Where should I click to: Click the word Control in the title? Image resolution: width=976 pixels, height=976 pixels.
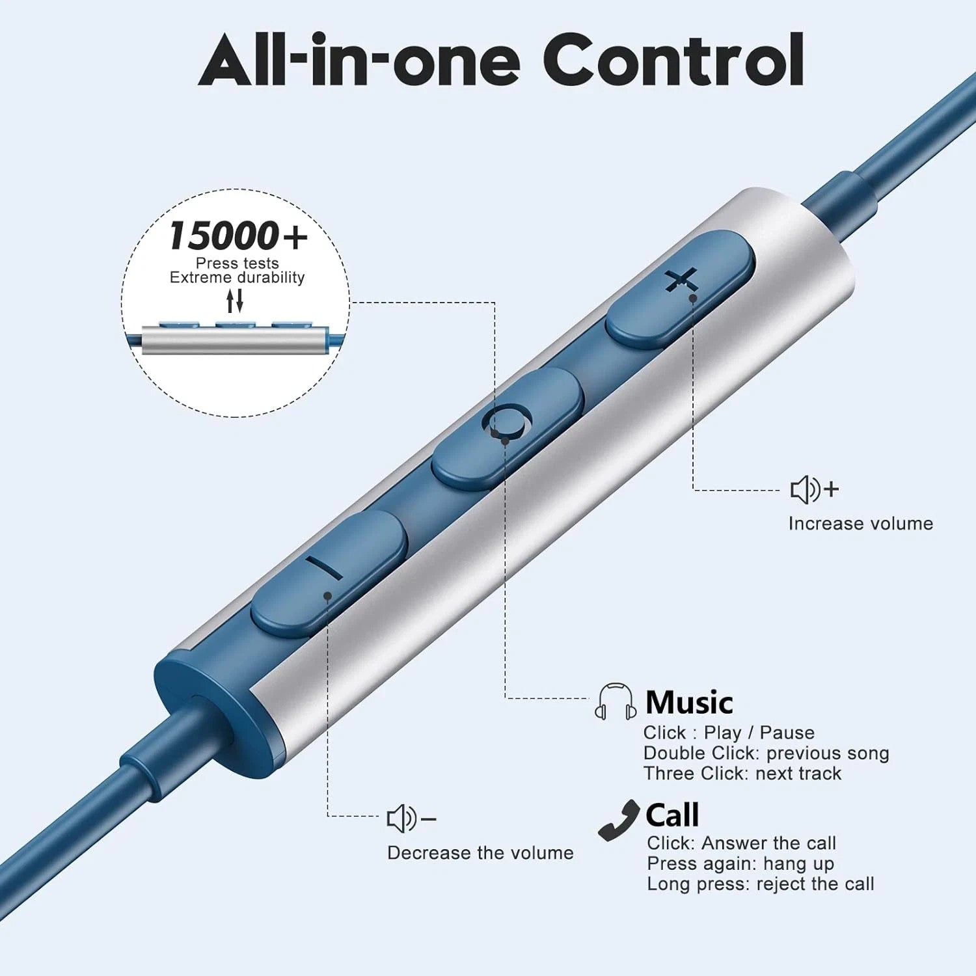(x=673, y=60)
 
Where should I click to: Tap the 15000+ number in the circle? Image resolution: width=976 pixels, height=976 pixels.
(x=237, y=236)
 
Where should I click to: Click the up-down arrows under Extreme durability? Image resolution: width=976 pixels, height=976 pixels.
(x=235, y=301)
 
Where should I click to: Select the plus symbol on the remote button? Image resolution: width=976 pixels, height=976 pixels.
(x=681, y=282)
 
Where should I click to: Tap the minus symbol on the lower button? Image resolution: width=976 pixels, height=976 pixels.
(x=323, y=567)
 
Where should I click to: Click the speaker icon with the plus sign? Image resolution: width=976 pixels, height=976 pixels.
(x=815, y=489)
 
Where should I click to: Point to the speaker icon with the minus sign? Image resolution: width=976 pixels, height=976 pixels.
(x=411, y=819)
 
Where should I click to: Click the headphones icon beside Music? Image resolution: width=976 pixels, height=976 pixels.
(x=615, y=701)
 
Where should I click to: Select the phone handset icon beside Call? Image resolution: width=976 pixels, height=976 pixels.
(x=619, y=820)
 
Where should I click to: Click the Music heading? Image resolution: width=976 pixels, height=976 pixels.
(x=689, y=703)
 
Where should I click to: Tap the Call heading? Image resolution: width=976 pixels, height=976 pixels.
(x=672, y=815)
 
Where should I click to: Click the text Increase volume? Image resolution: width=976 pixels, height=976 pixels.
(x=861, y=524)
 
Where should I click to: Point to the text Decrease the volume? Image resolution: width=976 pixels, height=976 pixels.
(x=480, y=853)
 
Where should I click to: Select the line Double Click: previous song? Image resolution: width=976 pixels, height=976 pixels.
(x=766, y=753)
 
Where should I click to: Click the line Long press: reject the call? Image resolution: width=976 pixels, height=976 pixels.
(x=761, y=884)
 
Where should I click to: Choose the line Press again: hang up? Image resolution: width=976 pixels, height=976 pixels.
(x=740, y=864)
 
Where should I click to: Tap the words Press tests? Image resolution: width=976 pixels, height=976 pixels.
(x=237, y=263)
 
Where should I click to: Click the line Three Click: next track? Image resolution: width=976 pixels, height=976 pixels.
(x=742, y=774)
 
